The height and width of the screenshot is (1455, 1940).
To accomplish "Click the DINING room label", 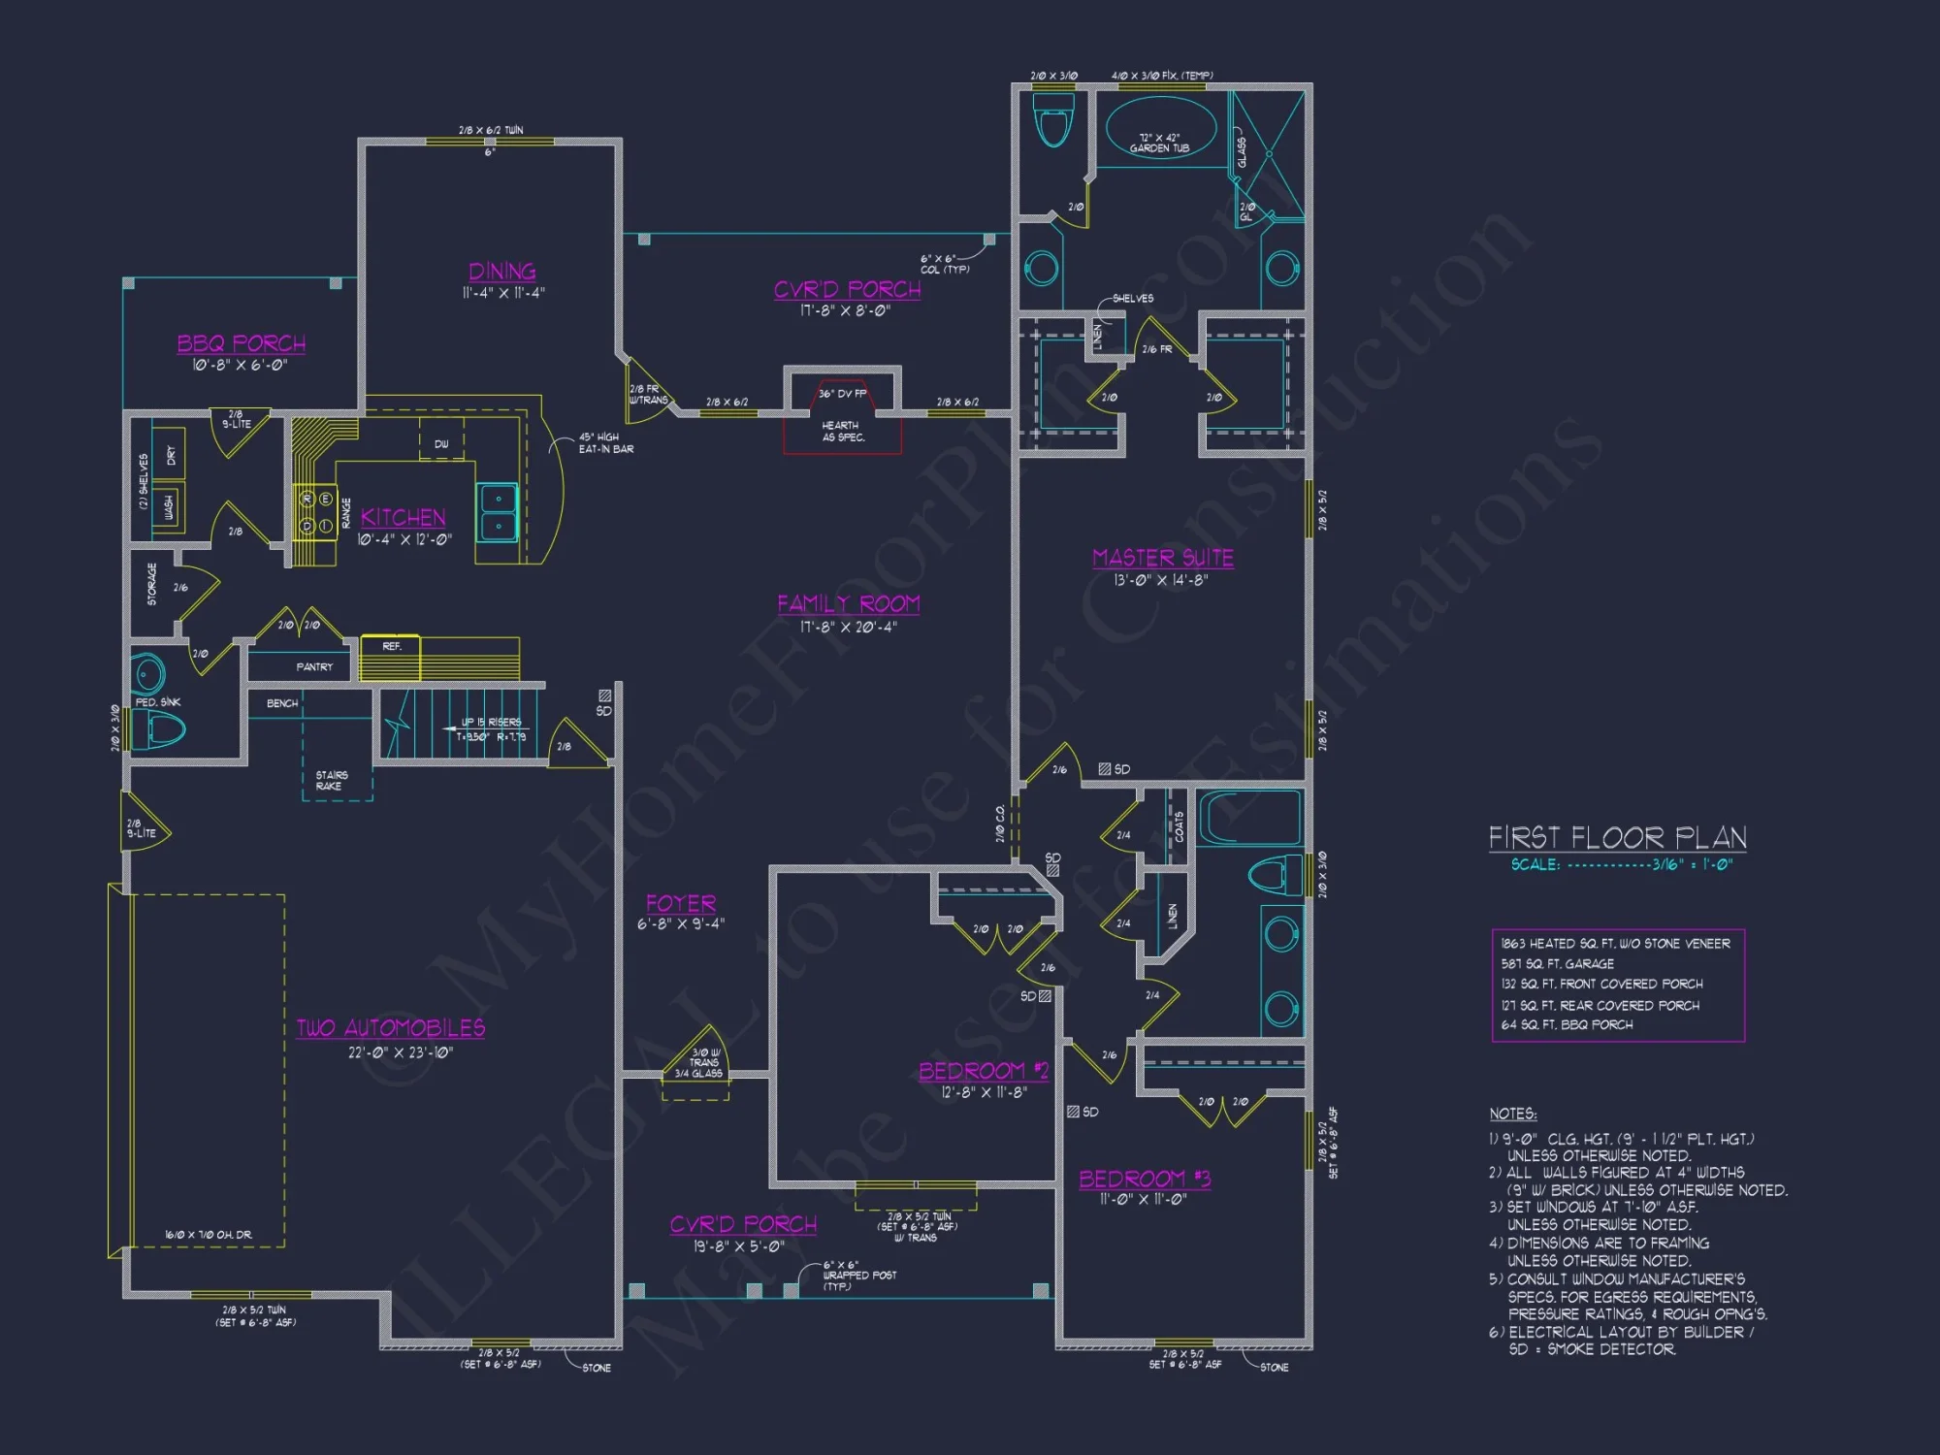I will pyautogui.click(x=501, y=272).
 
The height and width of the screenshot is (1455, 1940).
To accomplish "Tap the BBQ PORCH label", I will pyautogui.click(x=241, y=343).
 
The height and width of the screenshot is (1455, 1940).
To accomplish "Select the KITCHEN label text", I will pyautogui.click(x=403, y=517).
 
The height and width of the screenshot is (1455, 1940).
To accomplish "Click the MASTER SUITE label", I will pyautogui.click(x=1162, y=558).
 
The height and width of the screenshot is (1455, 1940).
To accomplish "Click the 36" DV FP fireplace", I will pyautogui.click(x=842, y=394).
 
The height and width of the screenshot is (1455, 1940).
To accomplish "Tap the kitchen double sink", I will pyautogui.click(x=499, y=512).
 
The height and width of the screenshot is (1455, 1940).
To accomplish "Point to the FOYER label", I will pyautogui.click(x=681, y=903).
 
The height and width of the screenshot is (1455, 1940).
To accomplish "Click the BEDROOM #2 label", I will pyautogui.click(x=983, y=1071).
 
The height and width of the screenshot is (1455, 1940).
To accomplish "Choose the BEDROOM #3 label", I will pyautogui.click(x=1145, y=1179).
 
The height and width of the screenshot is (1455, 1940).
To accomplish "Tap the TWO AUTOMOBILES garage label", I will pyautogui.click(x=390, y=1028).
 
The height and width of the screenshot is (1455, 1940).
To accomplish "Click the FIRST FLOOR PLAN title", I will pyautogui.click(x=1617, y=837).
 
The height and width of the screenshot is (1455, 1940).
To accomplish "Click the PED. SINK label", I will pyautogui.click(x=157, y=701).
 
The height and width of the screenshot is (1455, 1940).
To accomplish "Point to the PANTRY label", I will pyautogui.click(x=313, y=666).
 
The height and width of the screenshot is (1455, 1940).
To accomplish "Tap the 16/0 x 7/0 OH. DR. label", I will pyautogui.click(x=208, y=1235).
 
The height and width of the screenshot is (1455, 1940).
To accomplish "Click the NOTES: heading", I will pyautogui.click(x=1512, y=1114).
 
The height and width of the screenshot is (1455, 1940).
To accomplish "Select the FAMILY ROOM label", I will pyautogui.click(x=848, y=603).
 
